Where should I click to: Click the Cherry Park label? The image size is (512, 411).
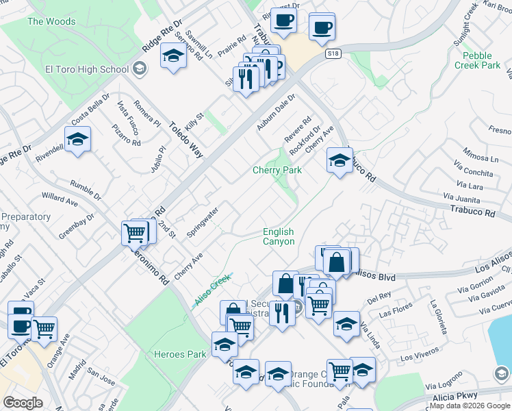click(x=277, y=170)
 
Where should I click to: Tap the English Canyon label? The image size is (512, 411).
click(x=279, y=237)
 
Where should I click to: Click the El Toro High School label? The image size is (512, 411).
click(x=87, y=68)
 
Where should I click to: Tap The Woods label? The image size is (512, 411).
click(x=51, y=21)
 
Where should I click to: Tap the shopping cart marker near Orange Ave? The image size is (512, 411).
click(x=44, y=328)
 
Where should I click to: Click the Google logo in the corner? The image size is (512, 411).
click(x=23, y=402)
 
